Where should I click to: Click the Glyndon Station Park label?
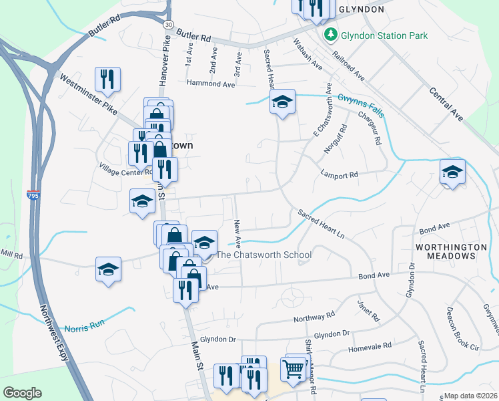[384, 35]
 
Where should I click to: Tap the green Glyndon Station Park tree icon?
[329, 34]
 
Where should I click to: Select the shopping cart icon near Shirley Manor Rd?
[293, 368]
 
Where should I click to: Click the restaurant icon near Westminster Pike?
[107, 79]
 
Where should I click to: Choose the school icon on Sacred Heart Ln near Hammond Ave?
[282, 102]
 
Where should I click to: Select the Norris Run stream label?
[85, 328]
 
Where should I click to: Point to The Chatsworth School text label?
[265, 255]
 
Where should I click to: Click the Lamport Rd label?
[340, 174]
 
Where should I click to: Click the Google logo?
[22, 393]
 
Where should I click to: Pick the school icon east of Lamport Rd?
[452, 172]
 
